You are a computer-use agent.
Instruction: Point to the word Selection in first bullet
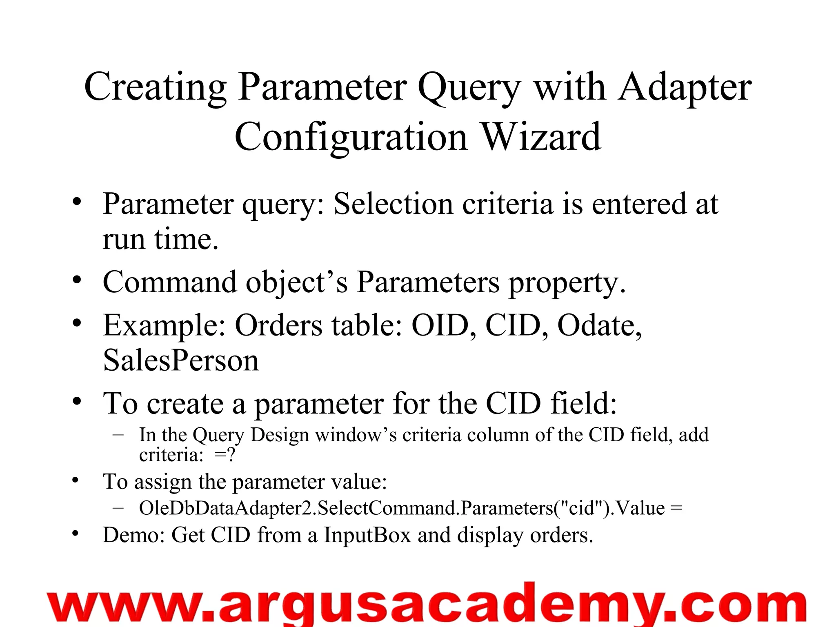tap(393, 204)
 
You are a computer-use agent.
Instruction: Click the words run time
tap(160, 239)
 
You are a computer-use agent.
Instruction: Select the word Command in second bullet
tap(169, 282)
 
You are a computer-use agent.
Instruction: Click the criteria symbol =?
tap(225, 455)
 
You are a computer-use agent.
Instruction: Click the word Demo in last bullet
tap(133, 535)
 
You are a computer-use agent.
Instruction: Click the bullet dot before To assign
tap(75, 480)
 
